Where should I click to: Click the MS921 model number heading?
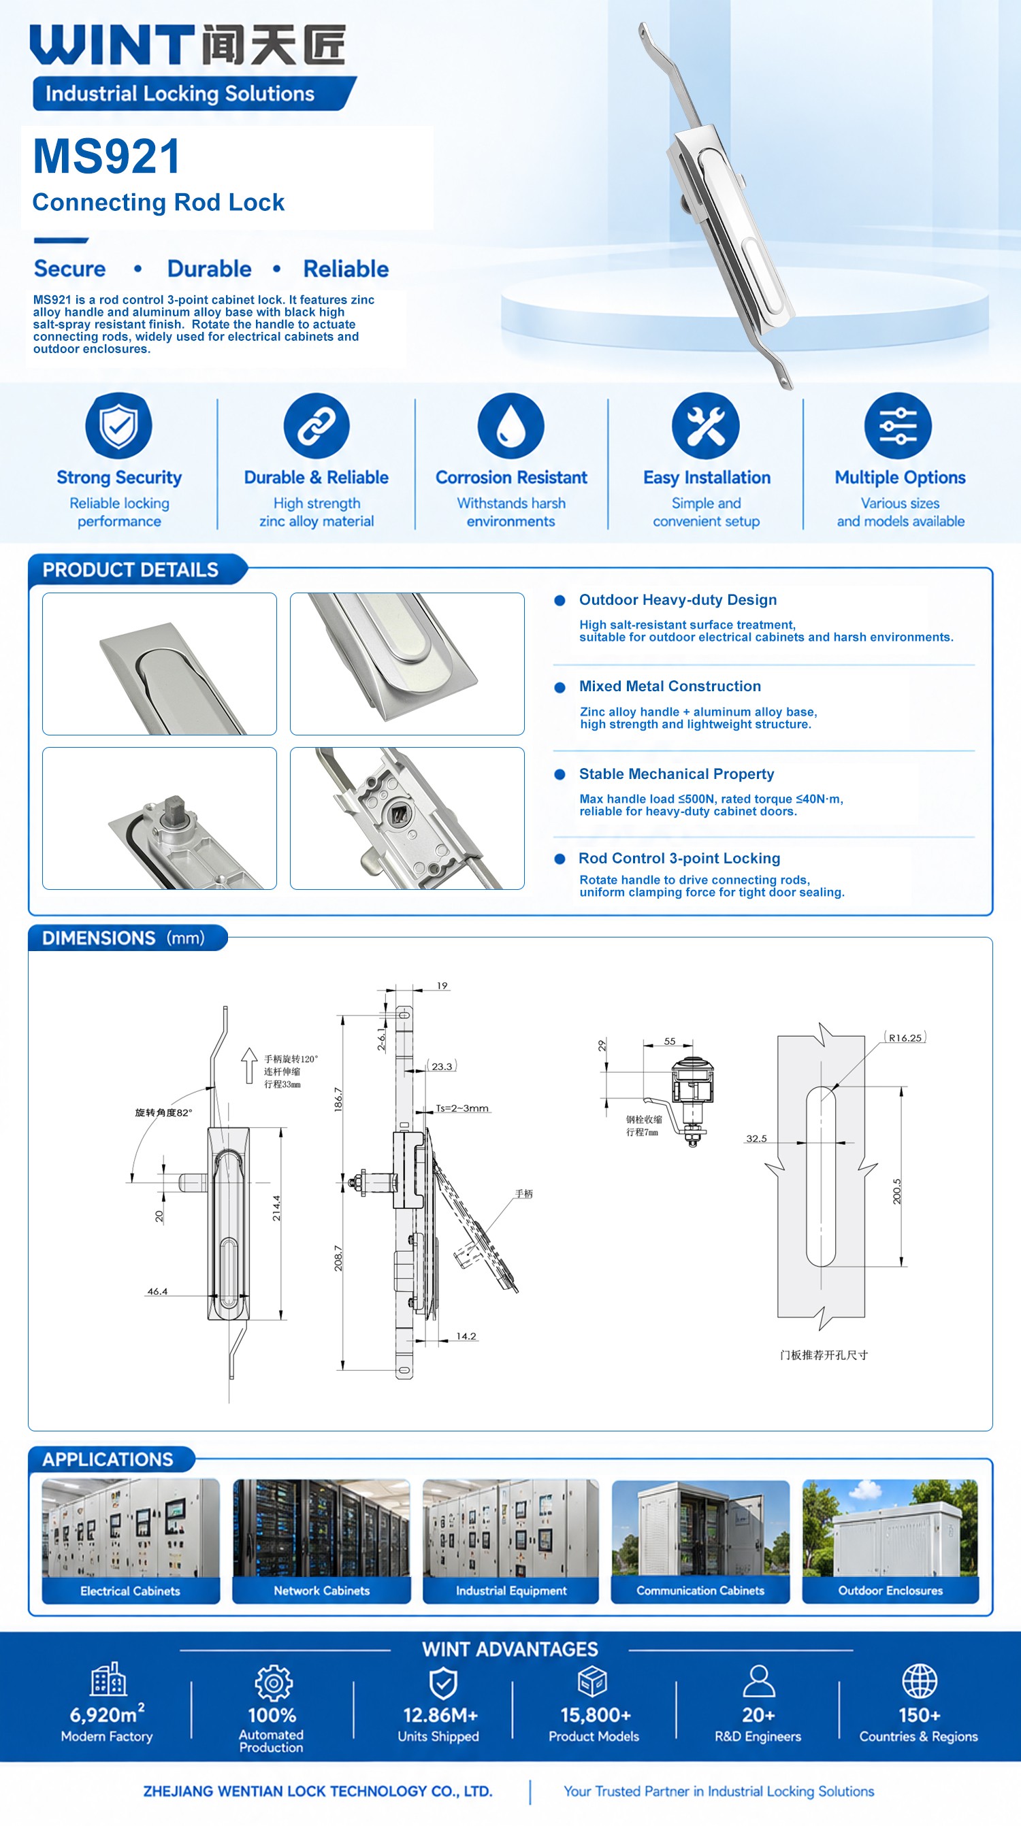(106, 156)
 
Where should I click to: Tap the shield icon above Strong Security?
(118, 425)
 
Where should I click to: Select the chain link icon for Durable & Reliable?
(317, 426)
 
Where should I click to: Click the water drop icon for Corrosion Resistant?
(510, 426)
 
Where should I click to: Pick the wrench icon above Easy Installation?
(705, 426)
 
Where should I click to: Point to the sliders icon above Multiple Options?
(898, 426)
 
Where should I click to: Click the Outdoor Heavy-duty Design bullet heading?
(678, 599)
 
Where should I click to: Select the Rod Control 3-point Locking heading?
(679, 859)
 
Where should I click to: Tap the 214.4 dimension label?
(276, 1208)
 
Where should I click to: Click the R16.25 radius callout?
(905, 1037)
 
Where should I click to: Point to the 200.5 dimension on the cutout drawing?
(897, 1191)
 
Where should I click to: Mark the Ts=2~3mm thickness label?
(462, 1108)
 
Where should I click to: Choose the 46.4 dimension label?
(157, 1291)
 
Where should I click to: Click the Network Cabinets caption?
(322, 1591)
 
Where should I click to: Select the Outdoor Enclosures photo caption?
(890, 1591)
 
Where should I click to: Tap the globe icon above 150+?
(920, 1680)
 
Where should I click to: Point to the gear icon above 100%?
(274, 1682)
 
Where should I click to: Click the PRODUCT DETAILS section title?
(131, 570)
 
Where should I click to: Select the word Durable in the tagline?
(209, 269)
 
